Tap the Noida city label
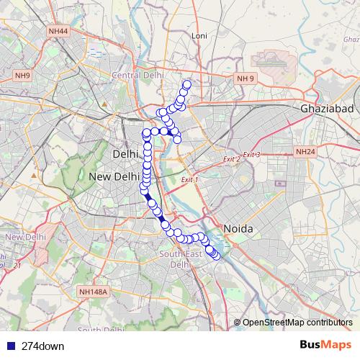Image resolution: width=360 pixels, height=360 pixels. [x=238, y=228]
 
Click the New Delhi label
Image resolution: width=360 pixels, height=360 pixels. [x=114, y=176]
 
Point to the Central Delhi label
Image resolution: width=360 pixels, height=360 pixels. [x=138, y=74]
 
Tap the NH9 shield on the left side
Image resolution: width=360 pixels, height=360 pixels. [x=22, y=76]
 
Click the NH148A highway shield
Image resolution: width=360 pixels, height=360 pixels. [x=93, y=292]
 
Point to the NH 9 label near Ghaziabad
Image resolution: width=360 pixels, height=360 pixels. [x=246, y=78]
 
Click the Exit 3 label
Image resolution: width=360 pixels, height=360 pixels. [x=251, y=155]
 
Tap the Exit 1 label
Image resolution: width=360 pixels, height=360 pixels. [x=189, y=179]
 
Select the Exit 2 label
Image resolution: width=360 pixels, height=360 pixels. [x=230, y=159]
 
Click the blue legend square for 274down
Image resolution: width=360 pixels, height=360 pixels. [x=9, y=346]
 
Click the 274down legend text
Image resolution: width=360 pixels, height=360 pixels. [x=43, y=346]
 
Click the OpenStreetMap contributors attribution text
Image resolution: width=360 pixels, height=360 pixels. [x=297, y=322]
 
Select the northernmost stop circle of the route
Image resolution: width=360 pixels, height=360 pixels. [x=187, y=84]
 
